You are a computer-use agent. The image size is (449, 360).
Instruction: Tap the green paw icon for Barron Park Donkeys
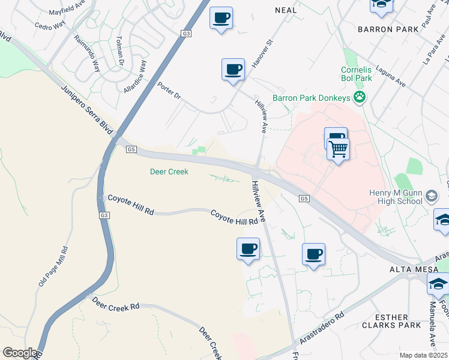360,97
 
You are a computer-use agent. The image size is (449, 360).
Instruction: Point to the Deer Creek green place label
169,172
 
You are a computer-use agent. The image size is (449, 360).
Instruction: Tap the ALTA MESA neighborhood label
408,269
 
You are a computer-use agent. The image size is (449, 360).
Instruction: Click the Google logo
20,353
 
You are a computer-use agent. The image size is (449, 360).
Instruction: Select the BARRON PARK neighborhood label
382,28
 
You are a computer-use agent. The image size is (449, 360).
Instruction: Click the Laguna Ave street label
390,77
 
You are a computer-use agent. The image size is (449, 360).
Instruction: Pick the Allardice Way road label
134,75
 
